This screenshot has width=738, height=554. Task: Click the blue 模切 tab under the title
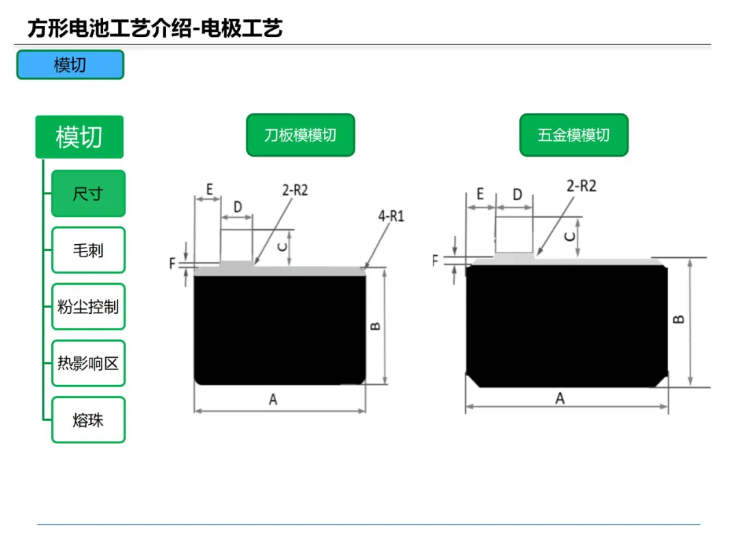70,64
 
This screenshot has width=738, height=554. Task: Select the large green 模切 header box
79,137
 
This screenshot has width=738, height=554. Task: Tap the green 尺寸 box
88,193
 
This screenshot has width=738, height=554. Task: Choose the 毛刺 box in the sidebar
88,250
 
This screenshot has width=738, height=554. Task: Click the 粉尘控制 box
88,306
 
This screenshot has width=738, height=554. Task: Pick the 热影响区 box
88,363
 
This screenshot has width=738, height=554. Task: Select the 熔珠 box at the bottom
88,420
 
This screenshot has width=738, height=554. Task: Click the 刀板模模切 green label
300,135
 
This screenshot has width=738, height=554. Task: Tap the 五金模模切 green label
574,135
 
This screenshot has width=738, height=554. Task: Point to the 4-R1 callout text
391,216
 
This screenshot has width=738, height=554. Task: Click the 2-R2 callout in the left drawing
295,190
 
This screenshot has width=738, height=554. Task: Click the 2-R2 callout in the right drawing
582,186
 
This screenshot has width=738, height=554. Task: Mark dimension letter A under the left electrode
273,399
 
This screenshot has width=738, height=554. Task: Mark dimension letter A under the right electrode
560,399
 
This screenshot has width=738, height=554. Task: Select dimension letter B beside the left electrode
375,326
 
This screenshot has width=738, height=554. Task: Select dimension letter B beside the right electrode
679,319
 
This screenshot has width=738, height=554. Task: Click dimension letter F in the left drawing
172,263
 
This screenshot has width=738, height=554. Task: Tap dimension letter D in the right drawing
517,194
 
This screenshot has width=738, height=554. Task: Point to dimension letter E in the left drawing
210,189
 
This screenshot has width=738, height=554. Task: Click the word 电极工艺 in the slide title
241,28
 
